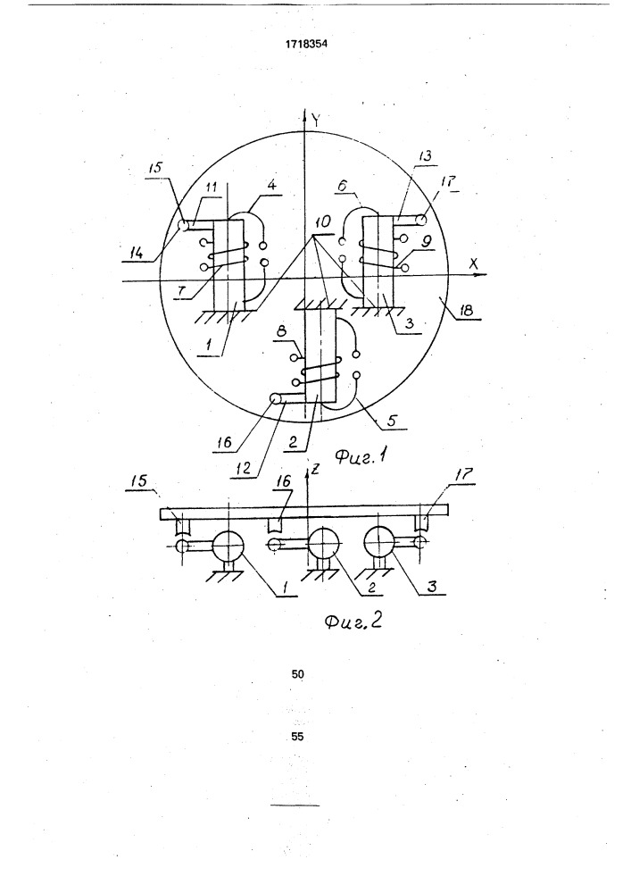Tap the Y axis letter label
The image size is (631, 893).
pos(318,120)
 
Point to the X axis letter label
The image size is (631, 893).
pos(473,263)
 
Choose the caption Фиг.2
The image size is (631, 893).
pos(353,621)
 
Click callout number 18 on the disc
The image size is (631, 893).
pos(466,311)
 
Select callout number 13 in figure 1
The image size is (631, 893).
pos(423,155)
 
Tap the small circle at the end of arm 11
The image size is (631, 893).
pos(183,226)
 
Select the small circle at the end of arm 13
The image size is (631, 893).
pos(423,220)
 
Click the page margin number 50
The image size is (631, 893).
pos(297,674)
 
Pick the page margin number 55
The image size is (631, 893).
pos(297,737)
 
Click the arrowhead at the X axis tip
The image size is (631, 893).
pos(483,274)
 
